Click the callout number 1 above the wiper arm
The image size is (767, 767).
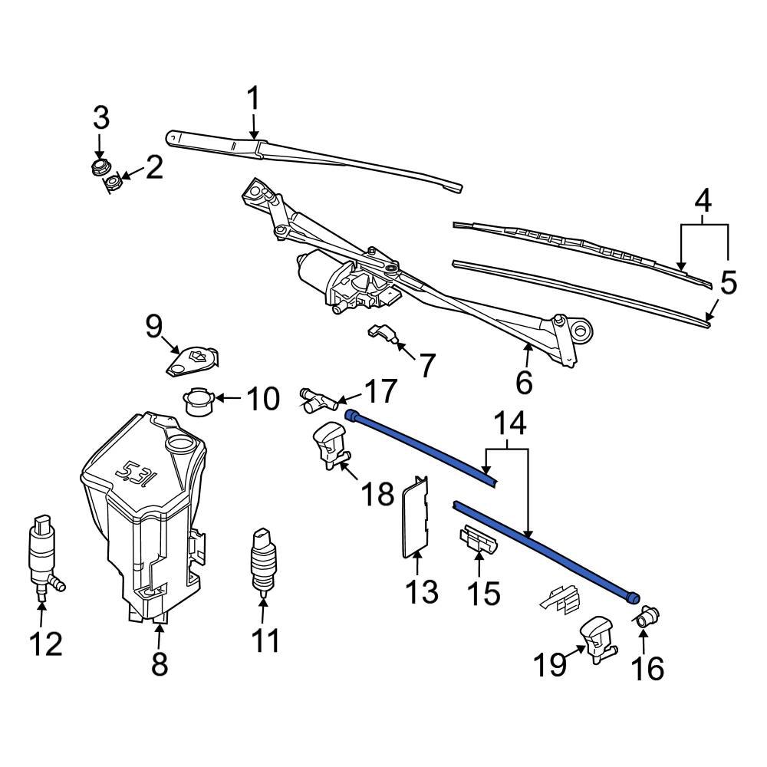coord(252,100)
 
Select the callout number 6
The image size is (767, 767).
coord(524,382)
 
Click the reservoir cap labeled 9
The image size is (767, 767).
coord(192,360)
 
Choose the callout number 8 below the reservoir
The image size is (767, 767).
coord(159,663)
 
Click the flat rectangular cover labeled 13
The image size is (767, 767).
coord(416,515)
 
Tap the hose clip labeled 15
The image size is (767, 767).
coord(479,541)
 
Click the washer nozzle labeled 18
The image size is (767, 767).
coord(330,445)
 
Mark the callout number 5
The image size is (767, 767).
coord(728,283)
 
